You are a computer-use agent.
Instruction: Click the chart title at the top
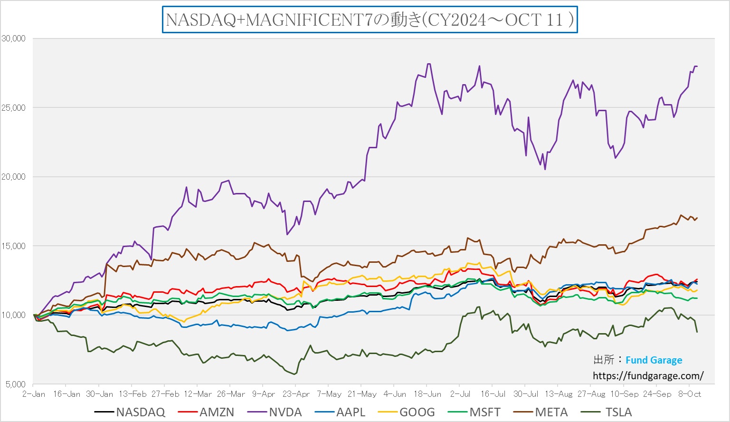[370, 19]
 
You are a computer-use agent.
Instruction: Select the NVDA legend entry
[285, 412]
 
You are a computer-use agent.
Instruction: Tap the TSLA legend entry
[618, 412]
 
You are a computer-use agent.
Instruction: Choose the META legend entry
[551, 412]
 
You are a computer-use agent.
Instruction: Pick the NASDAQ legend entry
[141, 412]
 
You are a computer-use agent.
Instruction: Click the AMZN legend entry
[217, 412]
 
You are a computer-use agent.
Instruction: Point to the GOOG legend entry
[417, 412]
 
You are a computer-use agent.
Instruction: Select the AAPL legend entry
[351, 412]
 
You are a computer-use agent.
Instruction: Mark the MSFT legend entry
[485, 412]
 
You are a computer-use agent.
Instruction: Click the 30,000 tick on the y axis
[13, 38]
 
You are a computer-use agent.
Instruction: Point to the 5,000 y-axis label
[15, 384]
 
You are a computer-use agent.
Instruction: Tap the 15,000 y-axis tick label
[13, 246]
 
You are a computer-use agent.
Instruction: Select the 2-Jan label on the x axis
[34, 394]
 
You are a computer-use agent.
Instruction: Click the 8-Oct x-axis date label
[689, 394]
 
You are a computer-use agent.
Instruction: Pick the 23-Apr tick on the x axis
[296, 394]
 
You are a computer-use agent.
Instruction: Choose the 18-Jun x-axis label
[427, 394]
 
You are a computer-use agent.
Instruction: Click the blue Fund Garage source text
[654, 360]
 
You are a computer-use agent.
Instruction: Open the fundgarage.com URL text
[648, 376]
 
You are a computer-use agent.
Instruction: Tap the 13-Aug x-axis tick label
[559, 394]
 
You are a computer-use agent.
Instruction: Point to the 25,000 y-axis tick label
[13, 107]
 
